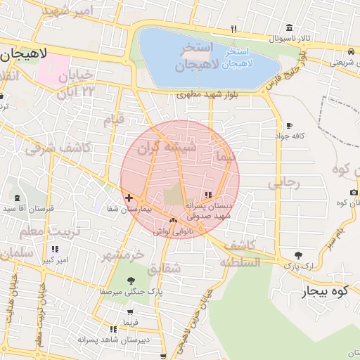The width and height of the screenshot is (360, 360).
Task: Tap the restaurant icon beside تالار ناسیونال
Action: pos(233,30)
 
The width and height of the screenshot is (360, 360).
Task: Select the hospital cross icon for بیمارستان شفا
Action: pos(128,199)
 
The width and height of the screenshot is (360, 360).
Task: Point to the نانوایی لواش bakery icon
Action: pos(173,221)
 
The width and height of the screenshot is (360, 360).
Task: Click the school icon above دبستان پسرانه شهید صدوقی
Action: pos(208,195)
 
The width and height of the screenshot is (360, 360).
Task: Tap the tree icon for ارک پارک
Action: pos(300,256)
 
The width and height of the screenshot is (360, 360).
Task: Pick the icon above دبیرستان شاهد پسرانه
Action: pos(112,329)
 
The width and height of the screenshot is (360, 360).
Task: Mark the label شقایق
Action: pos(165,268)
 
